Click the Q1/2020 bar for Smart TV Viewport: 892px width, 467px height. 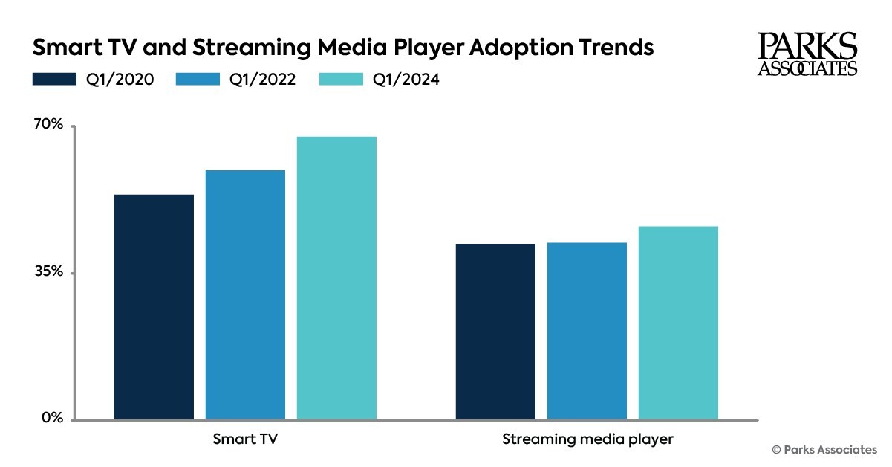pos(154,307)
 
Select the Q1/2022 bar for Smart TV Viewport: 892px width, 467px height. pos(245,295)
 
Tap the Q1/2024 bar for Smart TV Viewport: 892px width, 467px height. pos(336,278)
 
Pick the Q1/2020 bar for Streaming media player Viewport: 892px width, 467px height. pos(495,332)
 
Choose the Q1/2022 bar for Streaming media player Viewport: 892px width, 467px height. pos(587,331)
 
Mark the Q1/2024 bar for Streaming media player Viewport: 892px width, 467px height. pos(678,323)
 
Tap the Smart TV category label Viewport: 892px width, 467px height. pos(245,439)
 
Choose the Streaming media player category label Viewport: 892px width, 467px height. pos(587,439)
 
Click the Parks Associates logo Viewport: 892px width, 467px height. pos(807,54)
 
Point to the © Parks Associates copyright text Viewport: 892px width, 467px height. pos(824,449)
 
